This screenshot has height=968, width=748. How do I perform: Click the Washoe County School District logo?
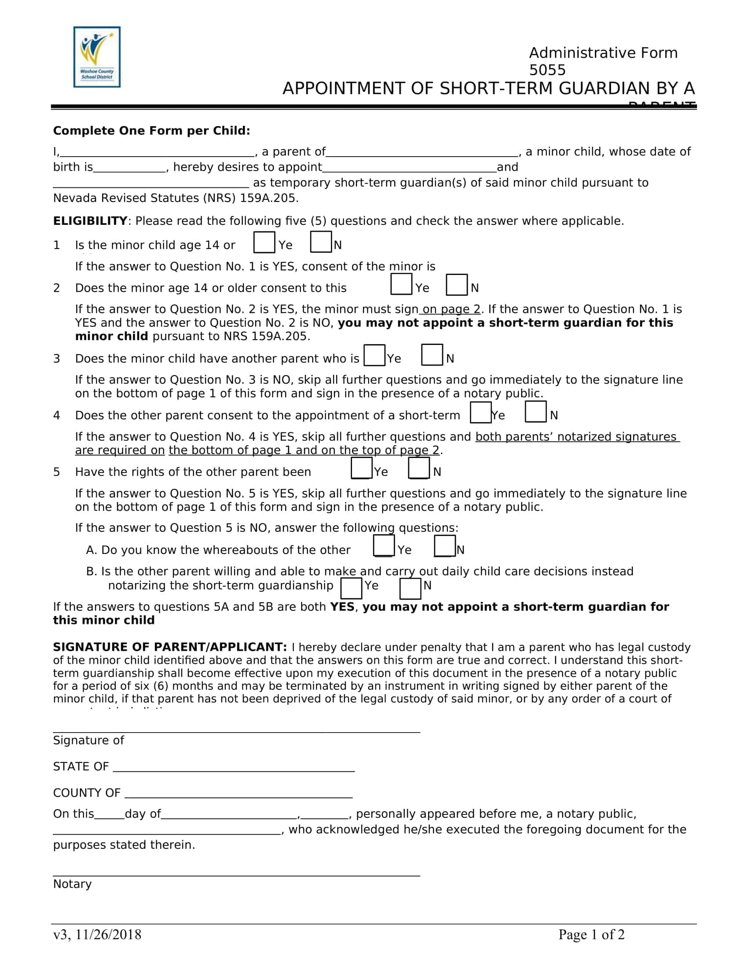tap(97, 57)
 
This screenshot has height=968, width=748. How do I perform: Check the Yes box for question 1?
tap(264, 242)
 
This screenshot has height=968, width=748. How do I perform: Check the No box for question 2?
tap(456, 285)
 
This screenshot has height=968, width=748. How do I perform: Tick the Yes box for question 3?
tap(374, 356)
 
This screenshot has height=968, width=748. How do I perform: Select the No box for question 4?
tap(535, 412)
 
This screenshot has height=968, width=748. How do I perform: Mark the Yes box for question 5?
tap(361, 469)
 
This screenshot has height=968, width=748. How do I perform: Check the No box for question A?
tap(444, 546)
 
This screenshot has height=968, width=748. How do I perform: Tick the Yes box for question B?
tap(351, 588)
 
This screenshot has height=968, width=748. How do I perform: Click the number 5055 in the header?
tap(547, 70)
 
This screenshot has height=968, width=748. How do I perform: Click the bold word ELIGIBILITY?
tap(90, 221)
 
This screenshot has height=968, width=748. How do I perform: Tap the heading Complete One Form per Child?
tap(151, 131)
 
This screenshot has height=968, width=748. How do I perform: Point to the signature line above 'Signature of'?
tap(236, 731)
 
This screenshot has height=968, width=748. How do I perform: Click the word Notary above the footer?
tap(72, 884)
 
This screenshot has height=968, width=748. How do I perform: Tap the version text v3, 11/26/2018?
tap(97, 934)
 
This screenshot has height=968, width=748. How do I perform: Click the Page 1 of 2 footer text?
tap(591, 934)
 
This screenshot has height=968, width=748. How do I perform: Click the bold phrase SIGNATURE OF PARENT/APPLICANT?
tap(170, 647)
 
